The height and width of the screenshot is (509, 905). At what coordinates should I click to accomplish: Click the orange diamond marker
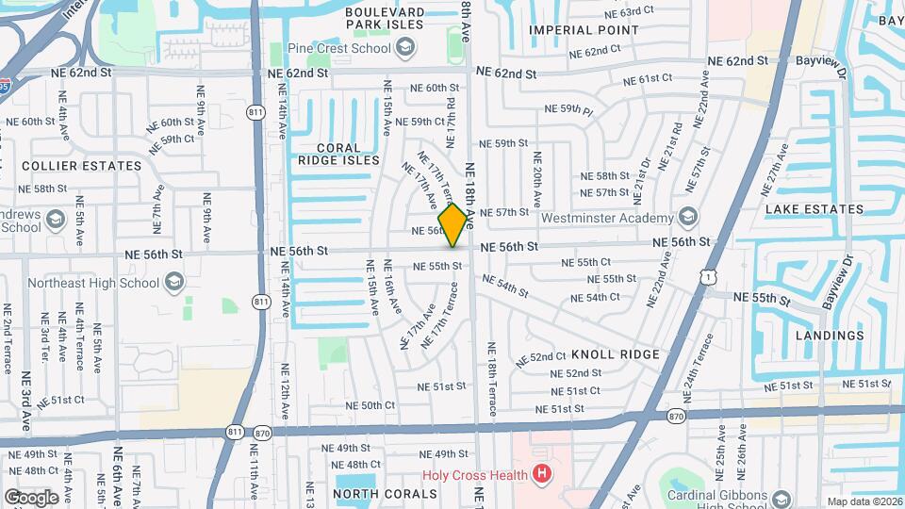point(453,224)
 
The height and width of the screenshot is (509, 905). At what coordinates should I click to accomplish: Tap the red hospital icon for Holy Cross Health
point(541,473)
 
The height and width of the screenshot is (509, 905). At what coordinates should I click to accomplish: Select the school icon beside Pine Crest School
point(404,47)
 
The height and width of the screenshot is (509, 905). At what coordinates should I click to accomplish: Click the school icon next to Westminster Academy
point(687,218)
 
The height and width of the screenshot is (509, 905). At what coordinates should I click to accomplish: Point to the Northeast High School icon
point(173,282)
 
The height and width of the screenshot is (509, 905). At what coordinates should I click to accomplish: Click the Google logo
point(31,497)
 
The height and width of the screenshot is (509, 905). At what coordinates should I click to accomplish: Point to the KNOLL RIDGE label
point(616,354)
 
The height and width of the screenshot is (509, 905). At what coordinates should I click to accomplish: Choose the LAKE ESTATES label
point(814,209)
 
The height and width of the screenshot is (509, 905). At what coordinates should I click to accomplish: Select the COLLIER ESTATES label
point(81,166)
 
